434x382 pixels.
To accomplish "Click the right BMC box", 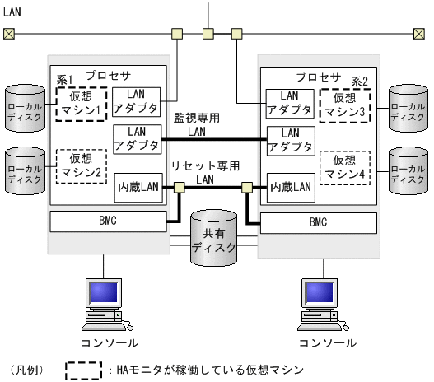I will [318, 221].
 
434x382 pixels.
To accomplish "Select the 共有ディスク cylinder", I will [213, 240].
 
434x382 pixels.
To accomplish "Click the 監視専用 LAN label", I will [197, 124].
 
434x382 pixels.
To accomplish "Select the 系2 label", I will [360, 80].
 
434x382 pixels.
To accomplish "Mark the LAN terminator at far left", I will [9, 34].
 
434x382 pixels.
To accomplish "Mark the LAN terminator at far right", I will [423, 34].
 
